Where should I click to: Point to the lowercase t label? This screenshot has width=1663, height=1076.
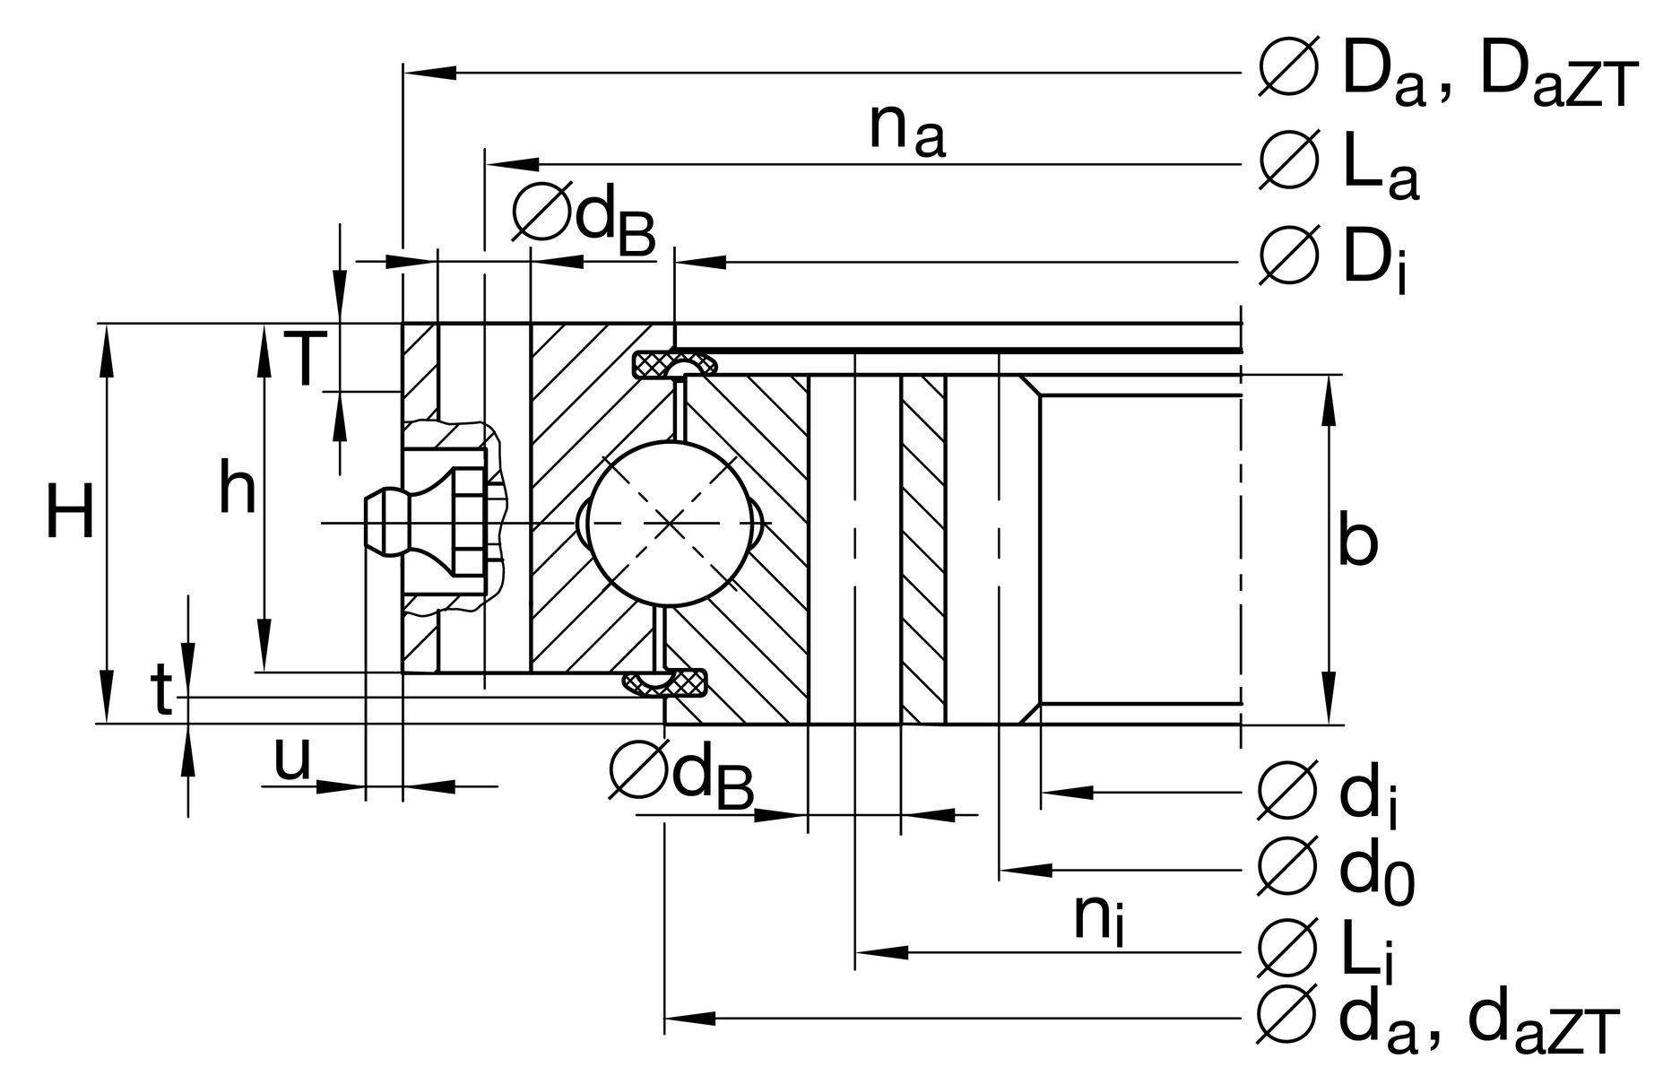coord(161,691)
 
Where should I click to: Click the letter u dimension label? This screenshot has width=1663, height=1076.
coord(291,760)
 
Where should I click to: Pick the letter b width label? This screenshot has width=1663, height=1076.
coord(1357,541)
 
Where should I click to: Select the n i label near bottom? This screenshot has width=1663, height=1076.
coord(1098,919)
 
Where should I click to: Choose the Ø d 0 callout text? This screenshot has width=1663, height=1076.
coord(1336,871)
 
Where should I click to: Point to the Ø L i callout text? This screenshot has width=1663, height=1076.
coord(1327,951)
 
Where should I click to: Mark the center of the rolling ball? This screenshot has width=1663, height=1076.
coord(671,524)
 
